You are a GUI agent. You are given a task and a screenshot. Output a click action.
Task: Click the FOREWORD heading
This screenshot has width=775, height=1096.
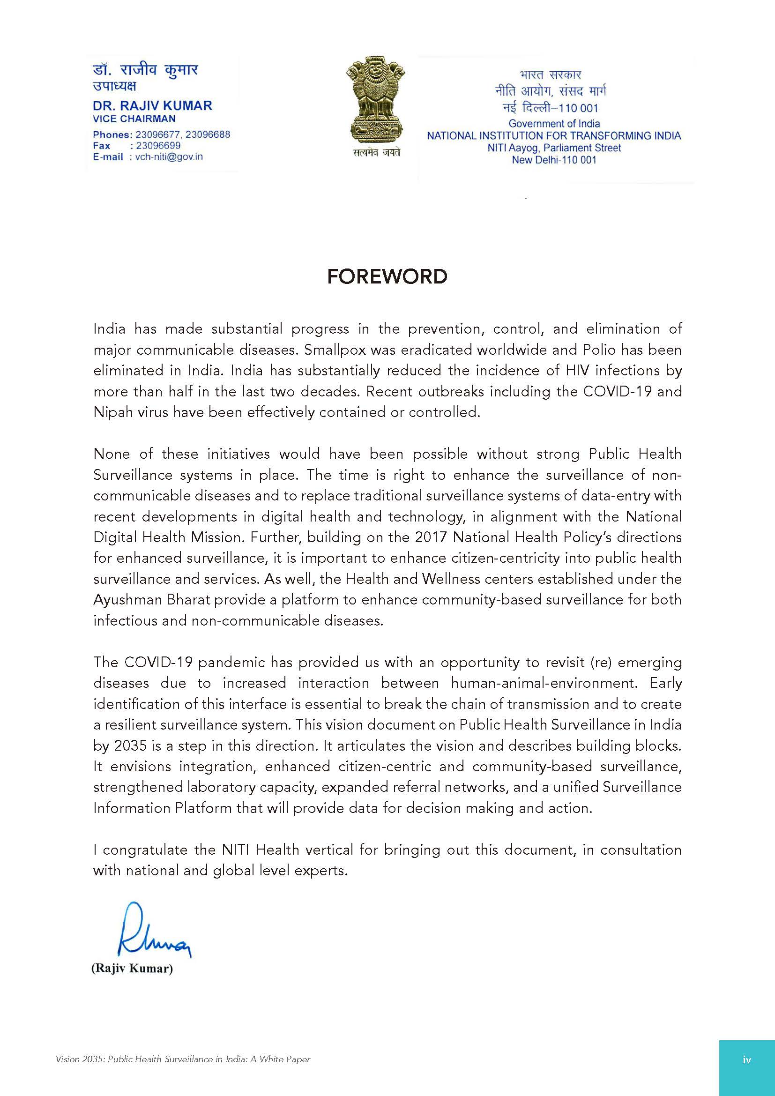point(387,276)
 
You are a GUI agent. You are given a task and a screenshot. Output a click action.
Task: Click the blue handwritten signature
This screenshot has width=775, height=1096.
point(153,932)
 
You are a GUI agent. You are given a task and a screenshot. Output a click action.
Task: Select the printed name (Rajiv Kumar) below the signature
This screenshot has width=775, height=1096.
point(132,968)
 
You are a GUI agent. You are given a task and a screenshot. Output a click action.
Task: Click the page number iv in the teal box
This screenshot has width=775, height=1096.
point(747,1059)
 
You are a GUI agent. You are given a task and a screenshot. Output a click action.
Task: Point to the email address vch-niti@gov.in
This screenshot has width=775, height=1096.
point(165,157)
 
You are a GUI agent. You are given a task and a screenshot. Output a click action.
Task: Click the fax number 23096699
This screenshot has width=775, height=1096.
point(158,146)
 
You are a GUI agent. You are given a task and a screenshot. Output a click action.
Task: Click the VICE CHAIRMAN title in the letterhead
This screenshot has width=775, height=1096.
point(134,119)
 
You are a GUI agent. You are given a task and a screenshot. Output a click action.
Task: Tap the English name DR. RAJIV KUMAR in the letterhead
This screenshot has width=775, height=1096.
point(152,105)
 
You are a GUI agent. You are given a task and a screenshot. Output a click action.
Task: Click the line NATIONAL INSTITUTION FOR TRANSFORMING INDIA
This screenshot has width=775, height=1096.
point(553,135)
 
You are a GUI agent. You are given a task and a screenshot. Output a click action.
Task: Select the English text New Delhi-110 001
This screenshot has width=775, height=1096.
point(553,160)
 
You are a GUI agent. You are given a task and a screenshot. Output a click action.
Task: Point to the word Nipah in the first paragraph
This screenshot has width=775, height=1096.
point(111,412)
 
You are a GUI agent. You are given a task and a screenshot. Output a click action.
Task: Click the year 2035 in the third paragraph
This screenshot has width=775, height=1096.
point(130,746)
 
